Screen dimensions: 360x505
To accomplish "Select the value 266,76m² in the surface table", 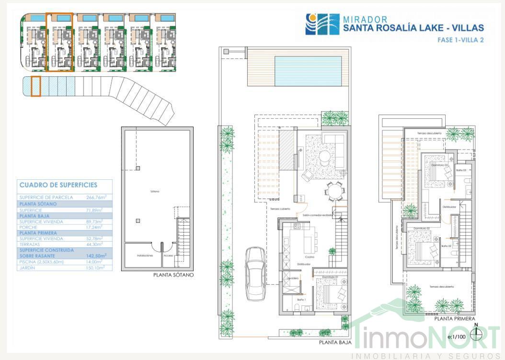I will point(96,197).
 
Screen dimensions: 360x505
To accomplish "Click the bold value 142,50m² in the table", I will point(96,255).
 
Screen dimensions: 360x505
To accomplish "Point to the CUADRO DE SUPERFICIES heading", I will point(58,185).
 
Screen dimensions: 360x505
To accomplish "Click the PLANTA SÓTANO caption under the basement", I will point(173,275).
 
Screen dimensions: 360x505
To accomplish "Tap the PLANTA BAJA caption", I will point(335,342).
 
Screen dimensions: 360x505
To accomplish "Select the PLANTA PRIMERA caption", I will point(454,318).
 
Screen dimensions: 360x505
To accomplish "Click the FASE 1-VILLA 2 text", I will point(460,40).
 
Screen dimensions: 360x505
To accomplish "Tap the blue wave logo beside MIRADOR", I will point(322,24).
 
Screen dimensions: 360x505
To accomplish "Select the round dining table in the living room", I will point(334,191).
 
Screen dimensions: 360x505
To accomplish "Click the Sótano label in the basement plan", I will point(154,192).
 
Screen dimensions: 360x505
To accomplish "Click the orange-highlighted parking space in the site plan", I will point(35,86).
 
